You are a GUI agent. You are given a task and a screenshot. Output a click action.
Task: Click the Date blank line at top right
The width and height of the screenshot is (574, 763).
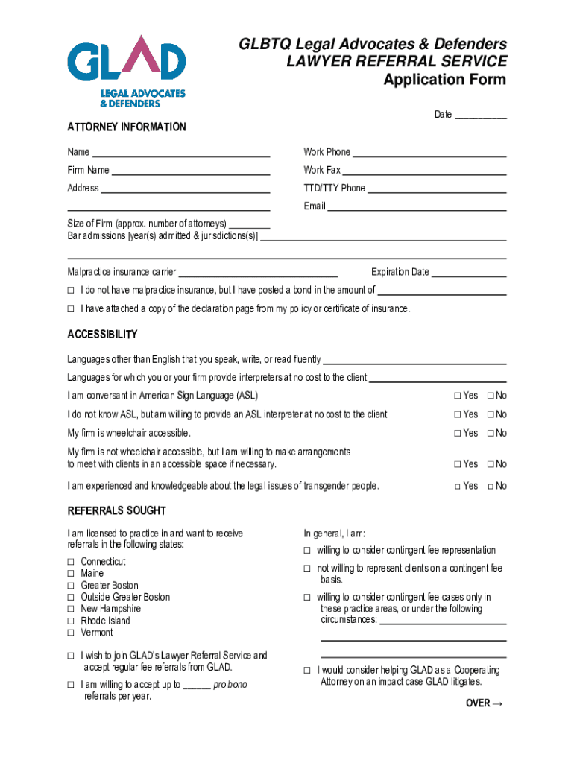481,115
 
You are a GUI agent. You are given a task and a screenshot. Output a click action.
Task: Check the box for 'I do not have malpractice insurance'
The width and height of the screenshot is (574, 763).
72,291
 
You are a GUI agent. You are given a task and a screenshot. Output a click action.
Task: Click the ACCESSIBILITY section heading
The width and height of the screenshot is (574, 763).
102,335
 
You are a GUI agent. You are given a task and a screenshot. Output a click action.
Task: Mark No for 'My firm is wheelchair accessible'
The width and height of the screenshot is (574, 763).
491,434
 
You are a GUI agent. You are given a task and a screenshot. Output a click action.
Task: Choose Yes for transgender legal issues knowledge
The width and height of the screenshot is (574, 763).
458,487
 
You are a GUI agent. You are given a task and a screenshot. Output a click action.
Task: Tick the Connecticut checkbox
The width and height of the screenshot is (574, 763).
72,562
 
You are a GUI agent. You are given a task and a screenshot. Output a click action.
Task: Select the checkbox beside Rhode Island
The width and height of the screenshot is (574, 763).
72,621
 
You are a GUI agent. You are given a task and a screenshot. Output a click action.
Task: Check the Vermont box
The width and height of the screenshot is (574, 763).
72,633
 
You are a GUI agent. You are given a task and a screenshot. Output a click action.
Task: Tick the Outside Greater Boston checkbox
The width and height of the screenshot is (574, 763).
72,598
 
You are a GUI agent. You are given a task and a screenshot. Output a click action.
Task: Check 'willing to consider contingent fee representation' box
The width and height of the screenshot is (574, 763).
306,551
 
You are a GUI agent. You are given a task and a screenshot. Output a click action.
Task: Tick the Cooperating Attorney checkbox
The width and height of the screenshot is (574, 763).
306,671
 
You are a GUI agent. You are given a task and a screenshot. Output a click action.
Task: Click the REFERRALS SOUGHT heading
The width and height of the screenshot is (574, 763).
117,511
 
